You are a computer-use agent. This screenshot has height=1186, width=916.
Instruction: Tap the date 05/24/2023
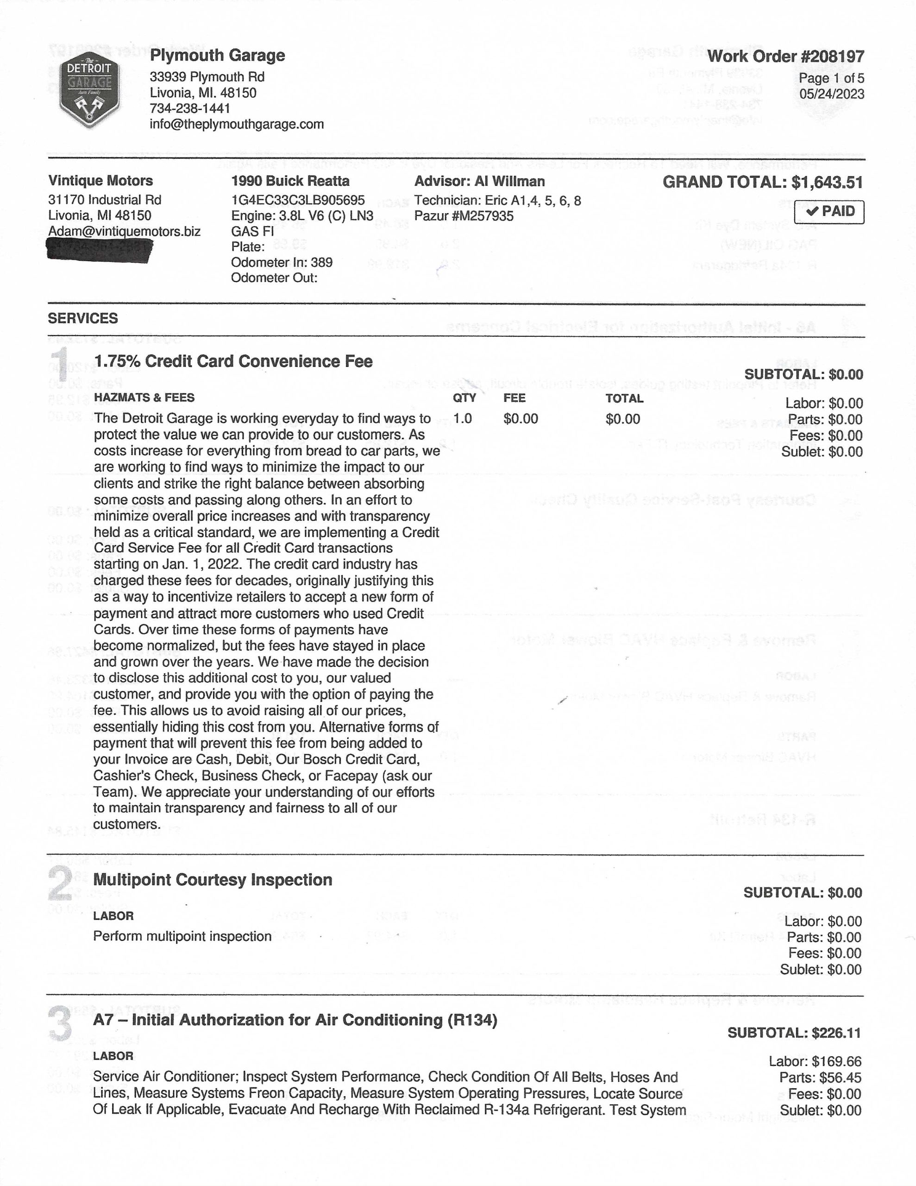point(831,94)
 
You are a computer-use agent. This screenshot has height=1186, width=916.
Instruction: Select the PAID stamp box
point(828,211)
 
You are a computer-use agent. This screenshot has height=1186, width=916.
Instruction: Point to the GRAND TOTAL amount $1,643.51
point(827,183)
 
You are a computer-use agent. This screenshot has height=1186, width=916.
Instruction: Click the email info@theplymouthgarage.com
point(237,124)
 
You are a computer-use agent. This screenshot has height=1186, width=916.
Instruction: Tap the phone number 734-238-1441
point(190,108)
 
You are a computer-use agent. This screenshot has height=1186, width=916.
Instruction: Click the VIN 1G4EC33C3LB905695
point(298,201)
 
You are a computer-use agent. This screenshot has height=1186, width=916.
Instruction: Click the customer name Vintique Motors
point(100,181)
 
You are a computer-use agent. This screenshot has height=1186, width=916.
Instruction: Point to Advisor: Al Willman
point(479,182)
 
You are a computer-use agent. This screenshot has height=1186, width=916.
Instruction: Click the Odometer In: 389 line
point(282,263)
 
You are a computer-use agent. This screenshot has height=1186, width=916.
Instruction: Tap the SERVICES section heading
point(82,318)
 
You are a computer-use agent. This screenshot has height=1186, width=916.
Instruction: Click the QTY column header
point(464,398)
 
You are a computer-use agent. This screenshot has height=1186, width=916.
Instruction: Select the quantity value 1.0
point(463,419)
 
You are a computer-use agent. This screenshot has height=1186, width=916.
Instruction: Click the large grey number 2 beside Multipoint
point(60,883)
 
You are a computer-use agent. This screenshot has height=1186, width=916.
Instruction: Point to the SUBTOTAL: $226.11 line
point(794,1033)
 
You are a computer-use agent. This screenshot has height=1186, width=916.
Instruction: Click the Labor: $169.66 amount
point(815,1062)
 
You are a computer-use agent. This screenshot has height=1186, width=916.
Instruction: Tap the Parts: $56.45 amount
point(820,1078)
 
